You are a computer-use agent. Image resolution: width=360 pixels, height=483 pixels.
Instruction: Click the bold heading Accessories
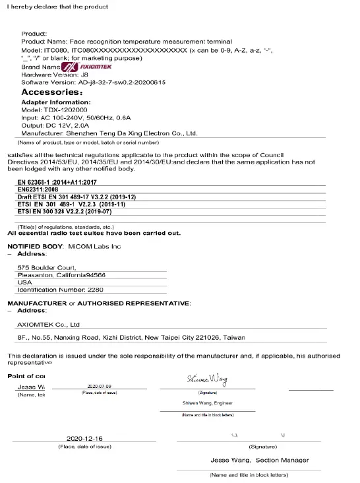(52, 93)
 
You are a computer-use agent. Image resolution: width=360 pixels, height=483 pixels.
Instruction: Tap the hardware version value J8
(83, 75)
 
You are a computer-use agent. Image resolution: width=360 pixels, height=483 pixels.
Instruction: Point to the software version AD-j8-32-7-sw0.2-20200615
(121, 82)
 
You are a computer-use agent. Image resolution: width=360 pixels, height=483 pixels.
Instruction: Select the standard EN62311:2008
(42, 190)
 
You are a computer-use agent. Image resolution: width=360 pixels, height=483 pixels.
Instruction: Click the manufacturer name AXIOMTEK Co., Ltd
(48, 325)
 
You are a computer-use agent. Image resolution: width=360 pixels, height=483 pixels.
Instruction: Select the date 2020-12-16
(84, 439)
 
